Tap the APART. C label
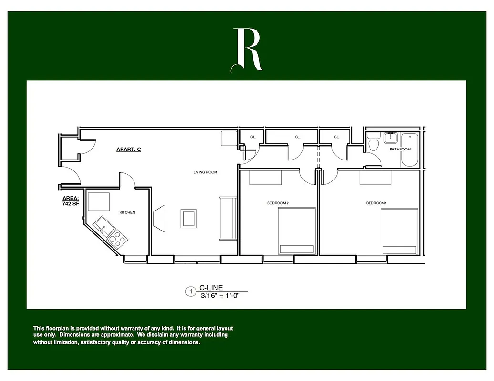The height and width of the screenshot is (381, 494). (129, 150)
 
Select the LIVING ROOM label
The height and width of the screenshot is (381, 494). (206, 172)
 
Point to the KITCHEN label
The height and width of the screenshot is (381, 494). (127, 212)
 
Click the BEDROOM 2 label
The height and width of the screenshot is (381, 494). (278, 203)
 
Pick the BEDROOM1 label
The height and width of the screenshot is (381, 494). (376, 203)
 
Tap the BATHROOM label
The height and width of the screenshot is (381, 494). (400, 150)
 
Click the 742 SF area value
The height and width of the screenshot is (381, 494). (70, 204)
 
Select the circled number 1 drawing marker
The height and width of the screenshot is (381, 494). (191, 292)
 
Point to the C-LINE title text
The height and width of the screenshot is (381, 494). (211, 288)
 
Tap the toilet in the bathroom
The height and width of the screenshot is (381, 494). (374, 142)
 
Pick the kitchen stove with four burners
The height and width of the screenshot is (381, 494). (117, 238)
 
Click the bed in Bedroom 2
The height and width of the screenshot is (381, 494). (297, 231)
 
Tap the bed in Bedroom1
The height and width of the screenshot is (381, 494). (399, 231)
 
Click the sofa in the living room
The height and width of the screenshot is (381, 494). (227, 218)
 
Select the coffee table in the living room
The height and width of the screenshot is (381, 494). (188, 218)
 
